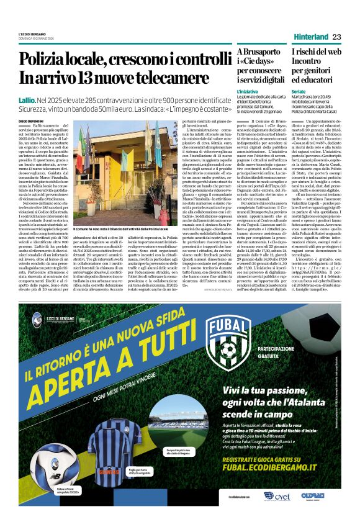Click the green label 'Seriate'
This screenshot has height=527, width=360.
[299, 91]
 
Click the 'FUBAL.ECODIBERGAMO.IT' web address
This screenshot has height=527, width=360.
[279, 462]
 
